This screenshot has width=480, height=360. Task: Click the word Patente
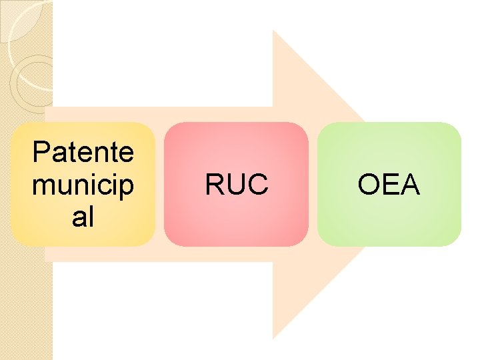click(x=83, y=153)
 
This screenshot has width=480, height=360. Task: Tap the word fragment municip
click(x=83, y=185)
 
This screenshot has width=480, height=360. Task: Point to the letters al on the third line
click(x=83, y=217)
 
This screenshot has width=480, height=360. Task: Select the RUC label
click(x=237, y=185)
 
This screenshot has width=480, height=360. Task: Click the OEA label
click(x=389, y=185)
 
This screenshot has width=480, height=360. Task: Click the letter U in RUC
click(x=237, y=185)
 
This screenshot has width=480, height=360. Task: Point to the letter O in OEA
click(x=369, y=185)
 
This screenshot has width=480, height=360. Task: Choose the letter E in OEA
click(x=389, y=185)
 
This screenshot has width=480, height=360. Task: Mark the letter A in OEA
click(x=409, y=185)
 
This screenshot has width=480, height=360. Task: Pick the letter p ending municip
click(x=126, y=187)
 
